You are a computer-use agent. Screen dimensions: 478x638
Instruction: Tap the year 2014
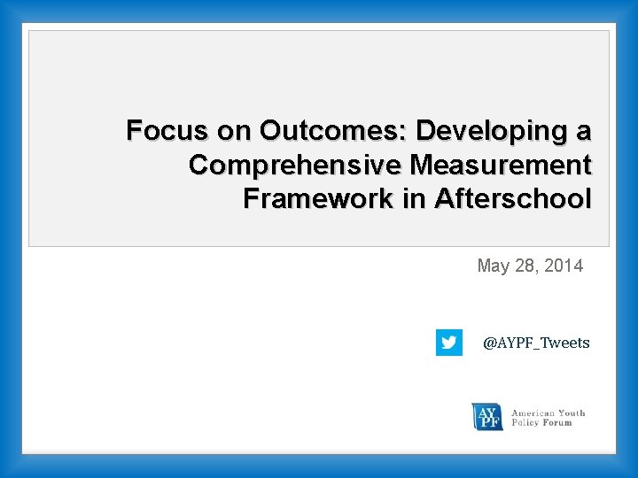(x=564, y=266)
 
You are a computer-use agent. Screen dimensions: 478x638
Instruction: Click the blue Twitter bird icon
(x=449, y=343)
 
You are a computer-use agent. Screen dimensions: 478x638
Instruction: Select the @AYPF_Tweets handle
(x=536, y=343)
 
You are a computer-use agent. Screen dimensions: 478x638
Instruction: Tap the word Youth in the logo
(x=572, y=412)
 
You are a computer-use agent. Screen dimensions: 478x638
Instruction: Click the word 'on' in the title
(x=234, y=131)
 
